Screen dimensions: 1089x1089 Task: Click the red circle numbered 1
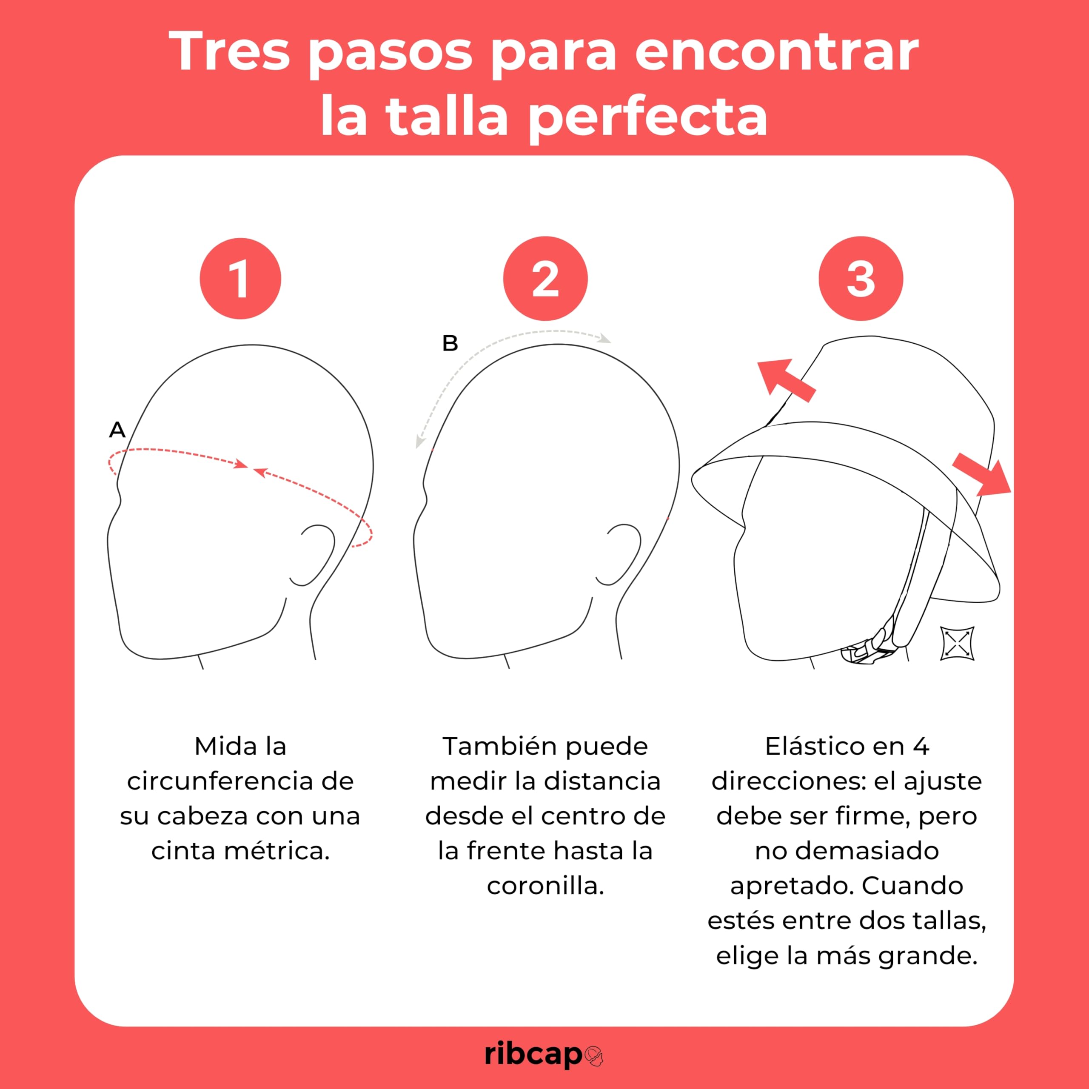point(240,279)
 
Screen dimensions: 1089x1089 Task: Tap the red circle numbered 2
point(545,279)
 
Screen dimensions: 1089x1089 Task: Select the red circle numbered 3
point(861,279)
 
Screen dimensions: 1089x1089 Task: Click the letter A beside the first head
point(117,430)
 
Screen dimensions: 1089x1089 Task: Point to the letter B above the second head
point(450,343)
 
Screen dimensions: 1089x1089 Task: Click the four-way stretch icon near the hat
point(958,643)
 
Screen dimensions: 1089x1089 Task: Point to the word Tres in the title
point(229,52)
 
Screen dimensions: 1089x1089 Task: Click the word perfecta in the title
point(649,117)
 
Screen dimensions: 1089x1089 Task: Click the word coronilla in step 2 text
point(545,886)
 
